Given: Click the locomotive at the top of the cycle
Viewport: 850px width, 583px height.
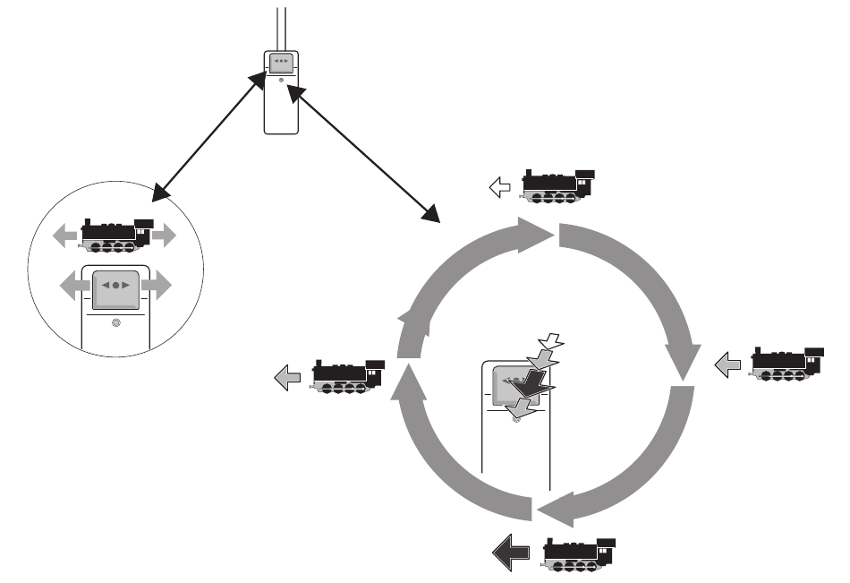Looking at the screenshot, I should pos(559,184).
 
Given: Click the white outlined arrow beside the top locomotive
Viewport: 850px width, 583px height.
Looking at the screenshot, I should pos(500,187).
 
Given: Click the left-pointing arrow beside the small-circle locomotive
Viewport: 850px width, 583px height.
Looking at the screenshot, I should pos(65,236).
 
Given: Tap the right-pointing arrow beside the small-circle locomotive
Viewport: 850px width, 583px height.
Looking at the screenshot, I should pos(165,236).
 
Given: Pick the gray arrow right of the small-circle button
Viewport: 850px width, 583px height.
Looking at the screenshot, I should pos(156,287).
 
